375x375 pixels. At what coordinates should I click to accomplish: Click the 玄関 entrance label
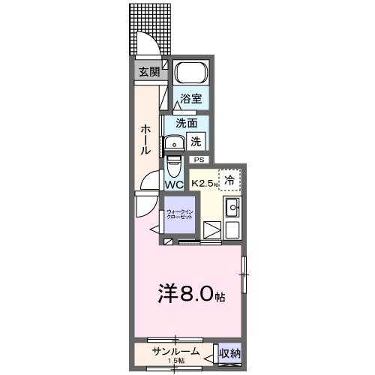pyautogui.click(x=148, y=72)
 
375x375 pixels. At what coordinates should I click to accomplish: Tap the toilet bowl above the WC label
pyautogui.click(x=173, y=163)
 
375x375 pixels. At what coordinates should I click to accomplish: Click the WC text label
pyautogui.click(x=174, y=184)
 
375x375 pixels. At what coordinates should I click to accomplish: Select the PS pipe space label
pyautogui.click(x=199, y=160)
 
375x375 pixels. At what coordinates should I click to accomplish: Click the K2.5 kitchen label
pyautogui.click(x=204, y=182)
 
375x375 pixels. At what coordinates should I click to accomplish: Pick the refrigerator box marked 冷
pyautogui.click(x=229, y=179)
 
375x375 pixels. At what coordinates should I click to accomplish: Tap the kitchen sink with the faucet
pyautogui.click(x=232, y=208)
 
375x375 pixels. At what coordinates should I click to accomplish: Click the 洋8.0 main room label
pyautogui.click(x=191, y=293)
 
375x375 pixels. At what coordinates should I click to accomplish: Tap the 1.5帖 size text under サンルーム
pyautogui.click(x=177, y=361)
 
